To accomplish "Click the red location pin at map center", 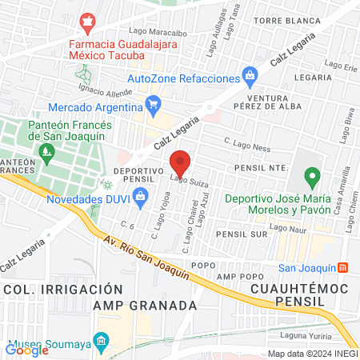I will click(181, 163).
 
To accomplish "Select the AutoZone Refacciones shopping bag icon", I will click(251, 78).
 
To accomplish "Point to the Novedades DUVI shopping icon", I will click(141, 202).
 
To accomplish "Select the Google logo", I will click(27, 349).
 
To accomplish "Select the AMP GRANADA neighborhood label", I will click(145, 306).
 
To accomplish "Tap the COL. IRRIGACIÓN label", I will click(50, 288).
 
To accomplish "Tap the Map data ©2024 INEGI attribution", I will click(312, 353).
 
